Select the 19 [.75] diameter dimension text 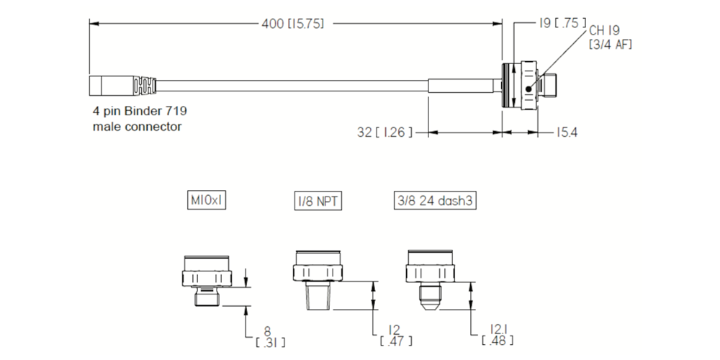(562, 23)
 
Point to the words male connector (137, 127)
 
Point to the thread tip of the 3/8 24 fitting (431, 296)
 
